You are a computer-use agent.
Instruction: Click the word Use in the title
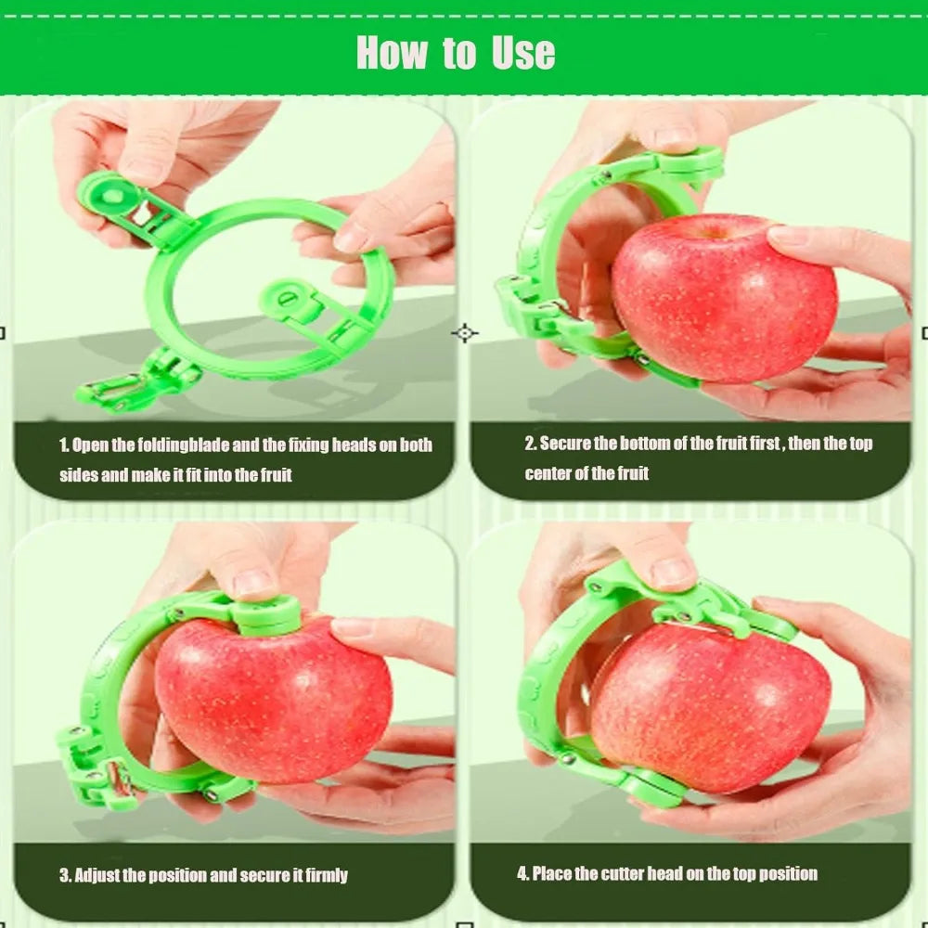524,53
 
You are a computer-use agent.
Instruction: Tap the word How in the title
391,53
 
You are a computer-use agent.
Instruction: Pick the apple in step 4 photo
710,705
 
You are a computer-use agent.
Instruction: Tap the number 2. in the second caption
530,444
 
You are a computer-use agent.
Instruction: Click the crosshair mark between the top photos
464,332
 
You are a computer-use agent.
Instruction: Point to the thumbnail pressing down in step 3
252,582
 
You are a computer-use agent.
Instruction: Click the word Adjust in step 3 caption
94,875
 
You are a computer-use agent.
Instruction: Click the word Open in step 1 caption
90,445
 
